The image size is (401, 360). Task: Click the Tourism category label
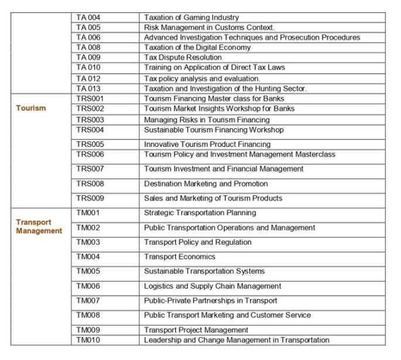(30, 108)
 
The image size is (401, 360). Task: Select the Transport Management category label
(39, 227)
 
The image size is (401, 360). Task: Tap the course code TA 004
(88, 18)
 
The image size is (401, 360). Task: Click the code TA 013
(88, 88)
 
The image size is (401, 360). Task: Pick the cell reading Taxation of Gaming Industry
(191, 18)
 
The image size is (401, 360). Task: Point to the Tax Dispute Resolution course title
(183, 57)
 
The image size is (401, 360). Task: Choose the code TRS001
(90, 98)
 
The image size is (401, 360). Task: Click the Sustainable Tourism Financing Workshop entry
(214, 129)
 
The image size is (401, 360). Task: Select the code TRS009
(90, 198)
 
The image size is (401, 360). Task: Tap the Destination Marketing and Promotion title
(206, 183)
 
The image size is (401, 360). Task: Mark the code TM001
(88, 212)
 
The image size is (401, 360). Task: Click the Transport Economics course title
(180, 256)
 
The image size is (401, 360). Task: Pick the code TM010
(88, 340)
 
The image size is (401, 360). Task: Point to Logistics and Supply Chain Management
(213, 286)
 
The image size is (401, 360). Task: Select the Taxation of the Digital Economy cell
(199, 47)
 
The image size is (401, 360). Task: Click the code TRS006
(90, 154)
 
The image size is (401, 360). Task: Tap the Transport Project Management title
(196, 330)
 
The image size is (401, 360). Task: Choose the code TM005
(88, 271)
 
